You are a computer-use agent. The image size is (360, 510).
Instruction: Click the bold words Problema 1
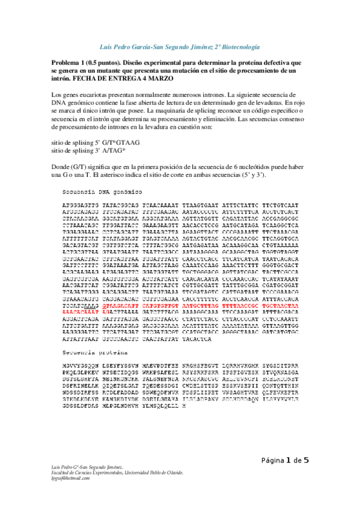[x=69, y=62]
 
